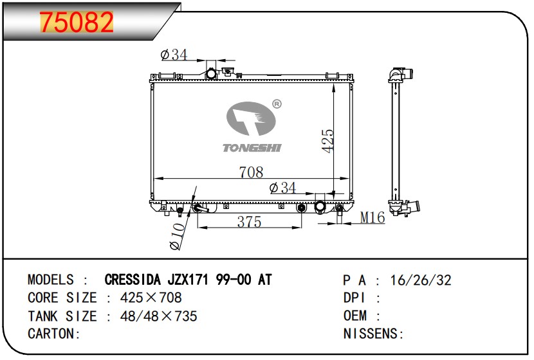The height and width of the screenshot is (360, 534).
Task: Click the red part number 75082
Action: tap(77, 22)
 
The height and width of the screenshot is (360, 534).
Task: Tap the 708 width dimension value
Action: tap(251, 172)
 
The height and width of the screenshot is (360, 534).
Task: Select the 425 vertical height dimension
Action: tap(327, 141)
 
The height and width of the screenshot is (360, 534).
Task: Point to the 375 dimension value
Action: tap(249, 222)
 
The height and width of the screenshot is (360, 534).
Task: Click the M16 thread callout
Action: tap(373, 217)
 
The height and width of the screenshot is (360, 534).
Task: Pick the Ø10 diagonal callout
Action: tap(178, 237)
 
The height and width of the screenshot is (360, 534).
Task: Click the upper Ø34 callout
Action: tap(174, 55)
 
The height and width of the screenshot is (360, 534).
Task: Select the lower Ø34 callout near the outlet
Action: tap(282, 188)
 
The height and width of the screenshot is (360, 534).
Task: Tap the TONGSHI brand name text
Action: tap(252, 148)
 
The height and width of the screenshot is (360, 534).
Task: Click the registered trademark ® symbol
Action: tap(277, 104)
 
